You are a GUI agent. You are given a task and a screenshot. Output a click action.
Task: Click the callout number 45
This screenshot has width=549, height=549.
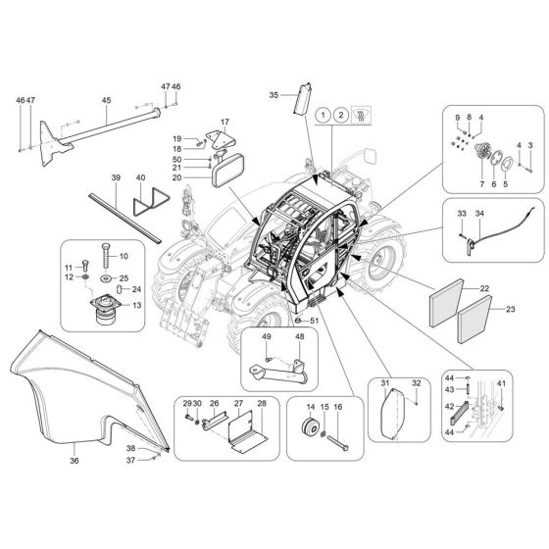click(x=106, y=100)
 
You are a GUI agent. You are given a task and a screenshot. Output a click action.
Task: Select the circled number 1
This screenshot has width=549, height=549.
click(x=322, y=116)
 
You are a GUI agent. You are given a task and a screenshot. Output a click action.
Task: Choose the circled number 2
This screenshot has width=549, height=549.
click(x=339, y=116)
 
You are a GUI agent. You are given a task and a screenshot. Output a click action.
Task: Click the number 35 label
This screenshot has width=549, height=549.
click(x=274, y=94)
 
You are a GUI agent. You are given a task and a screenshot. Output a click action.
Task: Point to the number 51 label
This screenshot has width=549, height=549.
click(x=314, y=320)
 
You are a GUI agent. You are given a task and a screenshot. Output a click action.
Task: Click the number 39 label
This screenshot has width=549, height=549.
click(x=116, y=177)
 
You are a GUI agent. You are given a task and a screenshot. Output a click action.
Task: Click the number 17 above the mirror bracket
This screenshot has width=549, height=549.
click(x=223, y=123)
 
